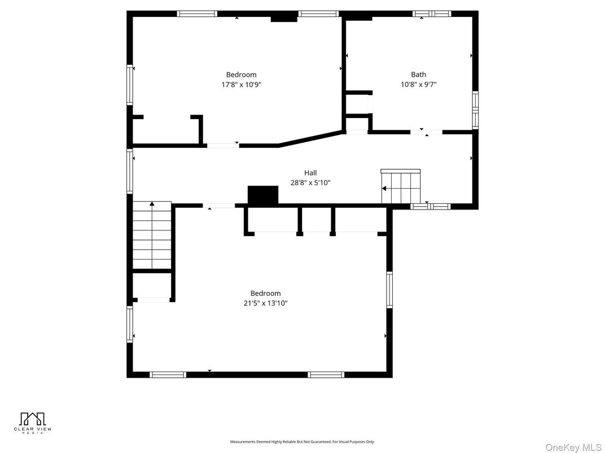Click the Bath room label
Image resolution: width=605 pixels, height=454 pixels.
click(418, 75)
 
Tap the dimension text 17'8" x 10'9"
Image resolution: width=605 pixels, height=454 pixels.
click(241, 85)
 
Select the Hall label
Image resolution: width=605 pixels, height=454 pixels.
click(310, 173)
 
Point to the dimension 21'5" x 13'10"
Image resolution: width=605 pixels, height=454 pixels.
click(265, 303)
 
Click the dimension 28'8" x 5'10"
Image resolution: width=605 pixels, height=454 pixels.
click(310, 183)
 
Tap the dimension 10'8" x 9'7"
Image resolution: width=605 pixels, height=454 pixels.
click(418, 85)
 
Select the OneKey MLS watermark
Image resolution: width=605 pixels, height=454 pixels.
click(573, 447)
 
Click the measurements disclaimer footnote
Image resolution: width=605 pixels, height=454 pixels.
click(302, 442)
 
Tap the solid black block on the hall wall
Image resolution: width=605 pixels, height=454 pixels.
click(263, 195)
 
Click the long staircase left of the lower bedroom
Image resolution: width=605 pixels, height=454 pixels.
click(152, 235)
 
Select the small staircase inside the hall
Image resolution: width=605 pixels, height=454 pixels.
click(401, 187)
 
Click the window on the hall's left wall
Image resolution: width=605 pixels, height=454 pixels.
click(130, 171)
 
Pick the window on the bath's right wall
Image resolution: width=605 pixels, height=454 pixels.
click(475, 110)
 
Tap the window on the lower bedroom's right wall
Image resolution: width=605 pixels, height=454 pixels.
click(389, 290)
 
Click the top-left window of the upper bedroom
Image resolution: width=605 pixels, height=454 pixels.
click(196, 14)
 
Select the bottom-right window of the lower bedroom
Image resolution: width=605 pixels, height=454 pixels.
click(326, 374)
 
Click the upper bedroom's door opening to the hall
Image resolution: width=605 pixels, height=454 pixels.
click(222, 146)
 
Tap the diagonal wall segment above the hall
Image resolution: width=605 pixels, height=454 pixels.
click(311, 138)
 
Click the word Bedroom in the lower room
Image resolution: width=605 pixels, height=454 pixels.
click(265, 293)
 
